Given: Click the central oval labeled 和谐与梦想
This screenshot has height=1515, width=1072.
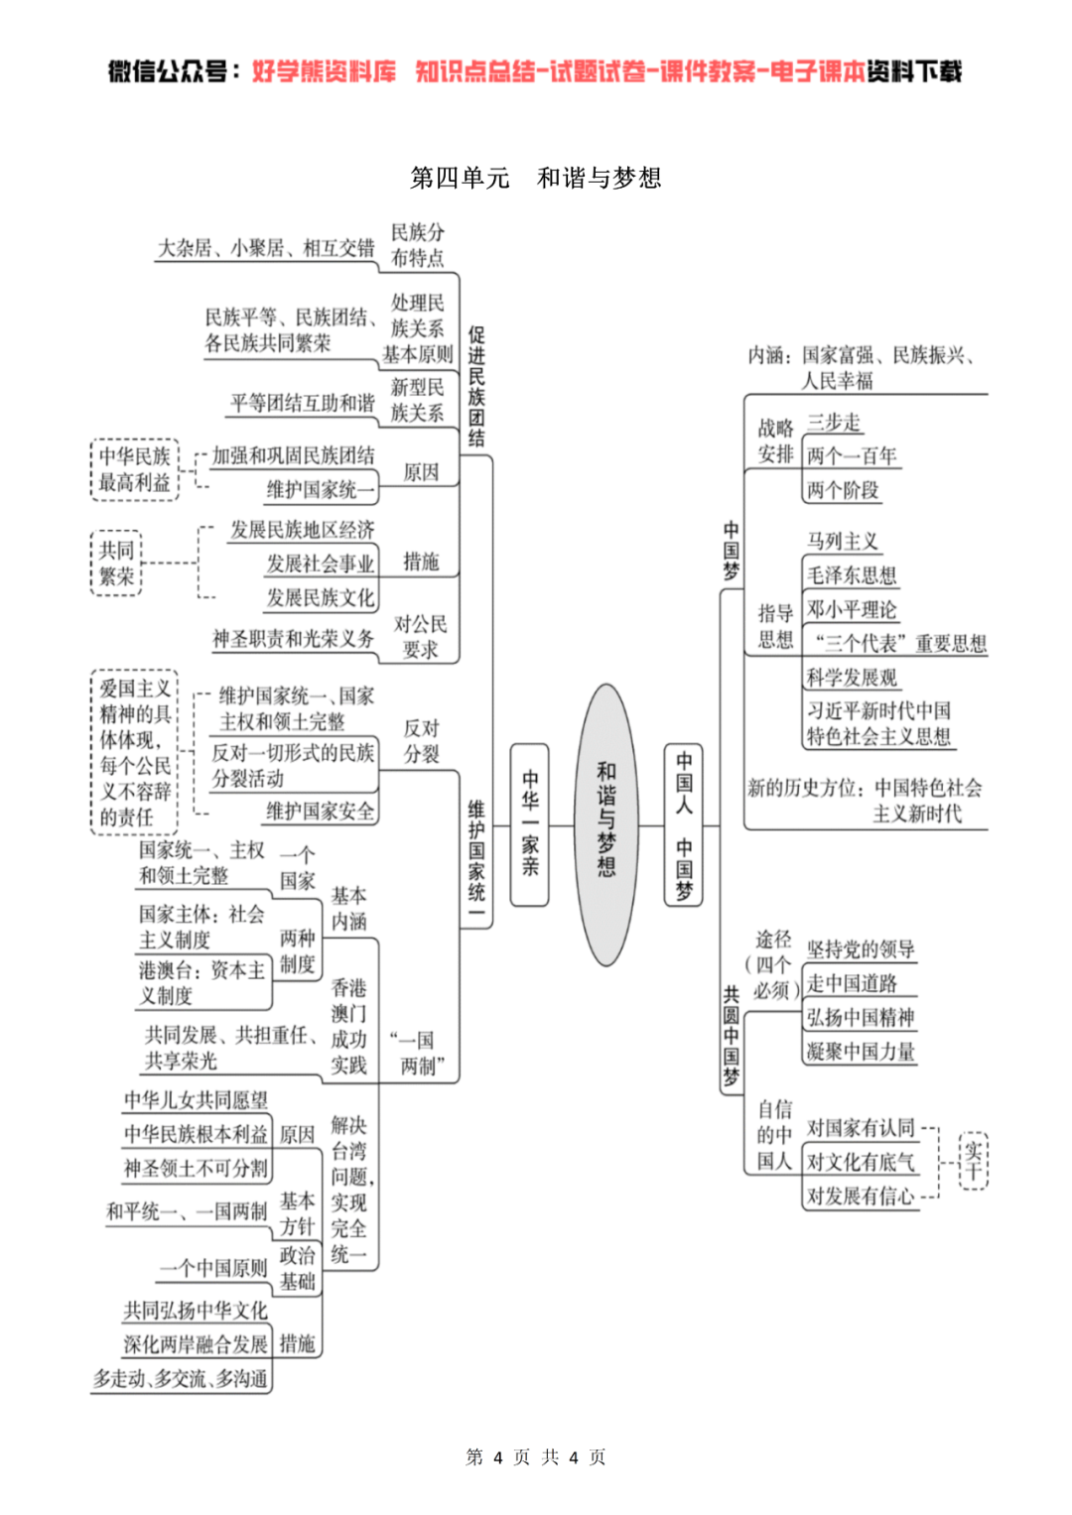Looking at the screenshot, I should coord(605,823).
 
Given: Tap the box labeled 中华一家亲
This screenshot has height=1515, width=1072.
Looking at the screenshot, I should coord(529,823).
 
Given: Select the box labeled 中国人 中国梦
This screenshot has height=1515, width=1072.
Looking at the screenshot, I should coord(683,823).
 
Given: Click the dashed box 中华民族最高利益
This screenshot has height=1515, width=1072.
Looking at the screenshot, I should coord(134,469).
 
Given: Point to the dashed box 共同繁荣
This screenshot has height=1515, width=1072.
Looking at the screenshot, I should coord(116,563).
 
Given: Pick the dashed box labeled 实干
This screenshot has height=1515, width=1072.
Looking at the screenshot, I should coord(973,1161).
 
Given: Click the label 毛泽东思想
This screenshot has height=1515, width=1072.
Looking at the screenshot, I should coord(851,575).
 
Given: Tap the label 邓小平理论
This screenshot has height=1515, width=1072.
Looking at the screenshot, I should coord(851,609).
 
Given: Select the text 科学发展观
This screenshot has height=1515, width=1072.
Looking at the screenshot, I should coord(851,678).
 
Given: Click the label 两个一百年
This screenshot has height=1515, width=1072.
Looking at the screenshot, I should coord(851,455).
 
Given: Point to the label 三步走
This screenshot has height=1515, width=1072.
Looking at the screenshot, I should coord(833,423).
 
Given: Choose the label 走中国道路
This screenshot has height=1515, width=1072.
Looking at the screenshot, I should coord(851,983).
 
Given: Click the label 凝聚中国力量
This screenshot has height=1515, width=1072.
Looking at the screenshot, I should coord(860,1052).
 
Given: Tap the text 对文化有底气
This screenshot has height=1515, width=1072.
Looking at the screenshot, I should coord(860,1162).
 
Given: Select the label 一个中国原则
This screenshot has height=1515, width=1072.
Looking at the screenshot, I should coord(213,1268).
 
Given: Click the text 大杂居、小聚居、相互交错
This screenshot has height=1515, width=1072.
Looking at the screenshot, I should coord(266,248).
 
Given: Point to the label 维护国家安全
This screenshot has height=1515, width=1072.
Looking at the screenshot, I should coord(320,812).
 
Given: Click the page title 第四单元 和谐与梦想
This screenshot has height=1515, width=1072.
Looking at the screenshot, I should coord(536,178).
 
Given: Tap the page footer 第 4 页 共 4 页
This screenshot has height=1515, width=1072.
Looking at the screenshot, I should coord(536,1456).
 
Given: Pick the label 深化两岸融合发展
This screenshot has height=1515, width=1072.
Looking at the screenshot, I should coord(196,1344).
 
